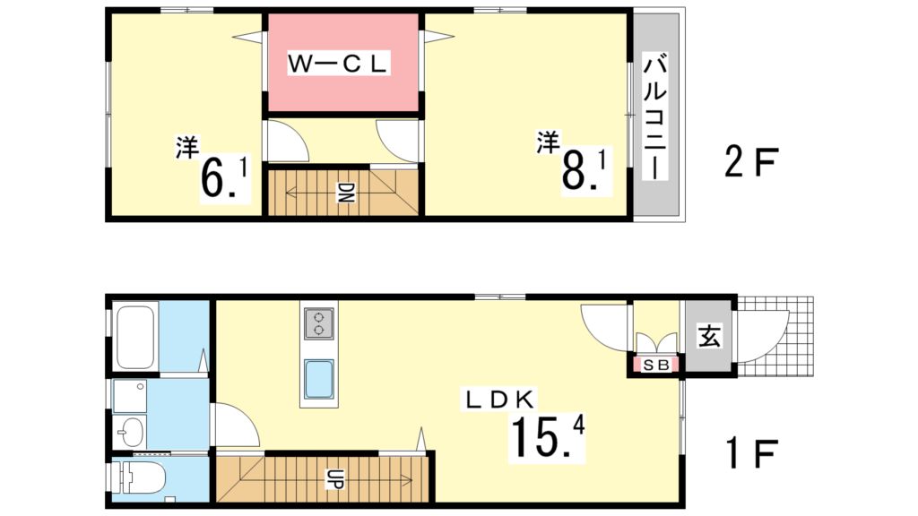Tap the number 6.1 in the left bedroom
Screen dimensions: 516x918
pyautogui.click(x=224, y=176)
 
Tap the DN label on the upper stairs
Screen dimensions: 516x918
pyautogui.click(x=344, y=192)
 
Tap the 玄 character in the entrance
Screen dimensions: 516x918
pyautogui.click(x=709, y=338)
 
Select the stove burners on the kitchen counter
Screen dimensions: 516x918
pyautogui.click(x=318, y=323)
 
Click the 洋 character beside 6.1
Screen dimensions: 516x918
pyautogui.click(x=186, y=147)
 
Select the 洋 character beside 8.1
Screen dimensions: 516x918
pyautogui.click(x=549, y=141)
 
